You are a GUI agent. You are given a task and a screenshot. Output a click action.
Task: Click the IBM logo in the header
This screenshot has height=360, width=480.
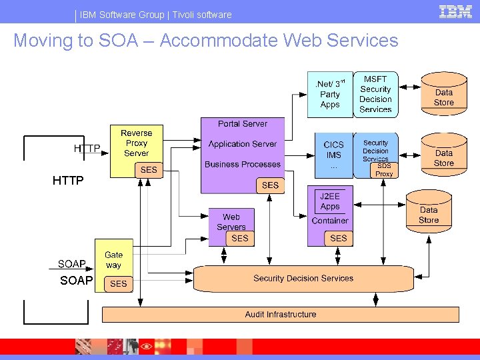click(x=455, y=11)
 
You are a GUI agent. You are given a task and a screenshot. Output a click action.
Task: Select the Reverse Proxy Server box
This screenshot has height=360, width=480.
click(x=136, y=143)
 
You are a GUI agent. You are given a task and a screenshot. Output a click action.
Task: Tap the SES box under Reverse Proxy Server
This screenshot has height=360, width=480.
click(x=149, y=170)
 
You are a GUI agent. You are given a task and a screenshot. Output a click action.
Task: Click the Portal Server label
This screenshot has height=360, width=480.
click(x=243, y=124)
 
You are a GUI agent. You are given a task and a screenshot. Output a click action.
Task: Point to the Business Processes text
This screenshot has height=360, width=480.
click(x=243, y=165)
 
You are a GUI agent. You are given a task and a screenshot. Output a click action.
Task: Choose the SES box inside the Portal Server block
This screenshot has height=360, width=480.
click(x=271, y=185)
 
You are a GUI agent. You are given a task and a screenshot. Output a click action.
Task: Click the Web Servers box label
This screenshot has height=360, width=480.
click(x=231, y=221)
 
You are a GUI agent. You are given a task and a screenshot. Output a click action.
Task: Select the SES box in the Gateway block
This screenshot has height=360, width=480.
click(x=118, y=284)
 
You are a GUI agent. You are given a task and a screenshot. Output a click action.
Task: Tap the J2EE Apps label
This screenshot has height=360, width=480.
click(x=330, y=201)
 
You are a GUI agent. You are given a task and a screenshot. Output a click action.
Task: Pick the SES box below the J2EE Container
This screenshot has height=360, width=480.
click(x=339, y=238)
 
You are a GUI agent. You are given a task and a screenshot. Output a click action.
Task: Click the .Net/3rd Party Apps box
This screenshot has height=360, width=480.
click(x=330, y=94)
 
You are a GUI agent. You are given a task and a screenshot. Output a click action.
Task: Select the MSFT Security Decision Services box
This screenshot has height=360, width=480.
click(x=375, y=94)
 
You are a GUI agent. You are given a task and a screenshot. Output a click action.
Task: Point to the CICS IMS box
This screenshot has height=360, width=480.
click(x=333, y=155)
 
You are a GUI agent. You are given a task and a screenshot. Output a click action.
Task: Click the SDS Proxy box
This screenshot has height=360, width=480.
click(x=385, y=170)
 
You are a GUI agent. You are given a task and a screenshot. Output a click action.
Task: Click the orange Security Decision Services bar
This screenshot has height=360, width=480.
click(x=303, y=279)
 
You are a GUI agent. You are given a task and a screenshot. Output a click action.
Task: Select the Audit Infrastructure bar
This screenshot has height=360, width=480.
click(x=281, y=315)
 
